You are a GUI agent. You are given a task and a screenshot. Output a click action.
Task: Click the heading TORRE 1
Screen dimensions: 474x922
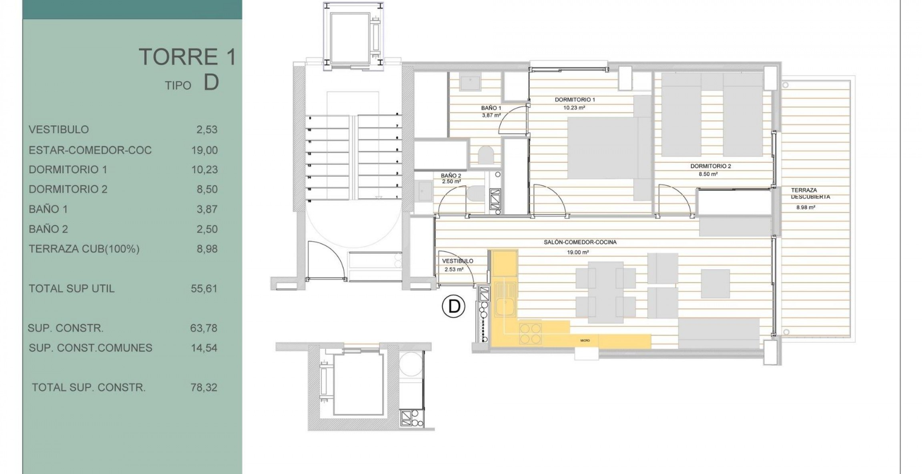coord(187,57)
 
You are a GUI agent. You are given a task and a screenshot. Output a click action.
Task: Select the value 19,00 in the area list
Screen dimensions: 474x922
coord(204,150)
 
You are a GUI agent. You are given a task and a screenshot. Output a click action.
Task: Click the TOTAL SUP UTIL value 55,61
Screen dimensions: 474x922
coord(204,288)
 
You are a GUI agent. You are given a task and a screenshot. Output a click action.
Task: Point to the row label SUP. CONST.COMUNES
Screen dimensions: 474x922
coord(90,348)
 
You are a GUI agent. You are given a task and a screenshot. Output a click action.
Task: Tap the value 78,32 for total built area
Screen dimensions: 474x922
coord(204,388)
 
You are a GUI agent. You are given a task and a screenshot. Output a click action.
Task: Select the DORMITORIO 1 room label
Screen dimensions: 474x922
coord(575,100)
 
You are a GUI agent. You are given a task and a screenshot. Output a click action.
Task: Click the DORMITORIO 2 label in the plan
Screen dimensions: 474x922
coord(711,166)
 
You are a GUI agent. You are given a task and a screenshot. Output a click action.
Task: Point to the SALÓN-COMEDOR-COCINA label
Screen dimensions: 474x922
coord(580,242)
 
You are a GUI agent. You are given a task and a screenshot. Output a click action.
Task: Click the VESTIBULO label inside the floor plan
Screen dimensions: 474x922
coord(457,261)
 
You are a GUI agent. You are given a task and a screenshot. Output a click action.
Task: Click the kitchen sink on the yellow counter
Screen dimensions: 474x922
coord(505,304)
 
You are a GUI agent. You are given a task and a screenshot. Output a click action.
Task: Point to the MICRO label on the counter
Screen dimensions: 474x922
coord(585,340)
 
